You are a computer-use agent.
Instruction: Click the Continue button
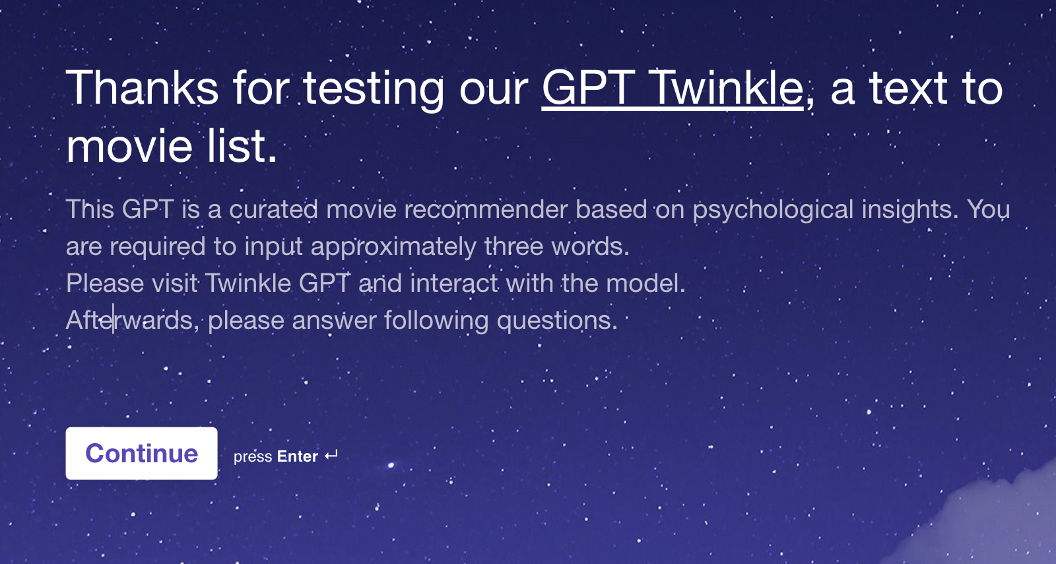pyautogui.click(x=141, y=453)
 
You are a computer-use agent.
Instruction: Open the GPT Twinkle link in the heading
pyautogui.click(x=673, y=88)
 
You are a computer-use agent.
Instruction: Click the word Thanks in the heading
pyautogui.click(x=142, y=87)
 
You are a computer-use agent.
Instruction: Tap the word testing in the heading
pyautogui.click(x=374, y=90)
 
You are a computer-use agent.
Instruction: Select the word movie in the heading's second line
pyautogui.click(x=129, y=146)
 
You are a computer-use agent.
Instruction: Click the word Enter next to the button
pyautogui.click(x=298, y=456)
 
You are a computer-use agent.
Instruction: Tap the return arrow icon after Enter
pyautogui.click(x=331, y=455)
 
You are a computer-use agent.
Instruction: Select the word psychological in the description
pyautogui.click(x=773, y=210)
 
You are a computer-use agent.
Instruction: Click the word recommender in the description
pyautogui.click(x=486, y=209)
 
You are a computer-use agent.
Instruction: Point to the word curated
pyautogui.click(x=273, y=209)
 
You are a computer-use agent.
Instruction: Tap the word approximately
pyautogui.click(x=393, y=247)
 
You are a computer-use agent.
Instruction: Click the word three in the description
pyautogui.click(x=514, y=246)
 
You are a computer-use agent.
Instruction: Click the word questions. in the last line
pyautogui.click(x=557, y=321)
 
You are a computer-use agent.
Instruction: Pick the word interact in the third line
pyautogui.click(x=454, y=283)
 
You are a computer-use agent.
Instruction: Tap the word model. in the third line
pyautogui.click(x=645, y=283)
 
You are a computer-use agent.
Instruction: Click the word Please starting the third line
pyautogui.click(x=105, y=283)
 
